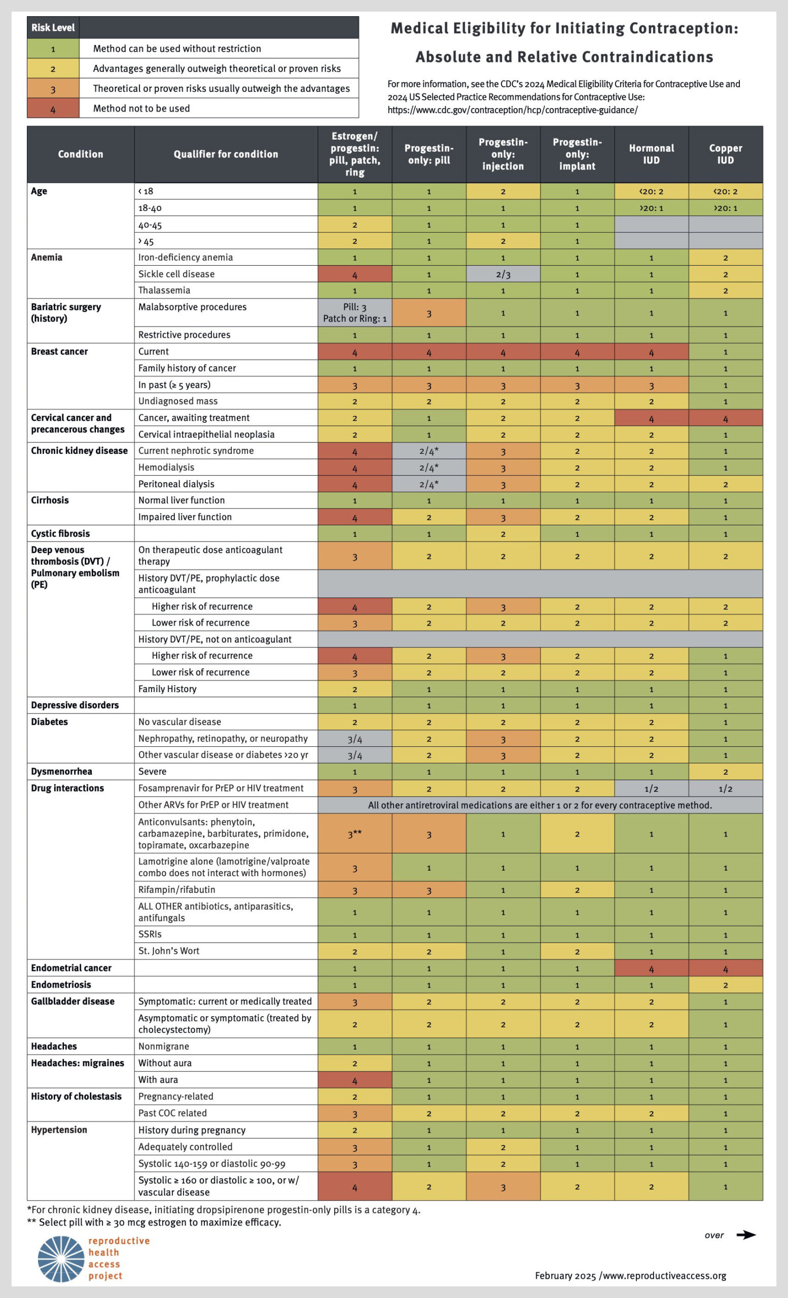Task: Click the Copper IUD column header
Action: pos(725,154)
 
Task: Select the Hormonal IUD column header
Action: pos(651,154)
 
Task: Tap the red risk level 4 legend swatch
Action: pos(53,109)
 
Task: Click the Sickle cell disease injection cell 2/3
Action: pos(503,274)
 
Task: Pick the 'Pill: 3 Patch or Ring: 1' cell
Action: pos(354,312)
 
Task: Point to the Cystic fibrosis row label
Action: pos(60,533)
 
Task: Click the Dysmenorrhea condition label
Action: pos(62,771)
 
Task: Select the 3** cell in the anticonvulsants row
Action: pos(354,834)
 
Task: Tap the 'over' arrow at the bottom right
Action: pos(745,1235)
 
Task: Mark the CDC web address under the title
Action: pos(513,110)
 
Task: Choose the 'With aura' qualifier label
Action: pos(158,1079)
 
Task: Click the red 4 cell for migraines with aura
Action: pos(354,1080)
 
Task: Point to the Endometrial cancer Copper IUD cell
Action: pos(725,968)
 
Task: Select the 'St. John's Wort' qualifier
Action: pos(168,951)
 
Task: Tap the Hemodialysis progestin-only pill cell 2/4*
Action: pos(429,467)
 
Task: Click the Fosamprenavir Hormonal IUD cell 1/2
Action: pos(651,788)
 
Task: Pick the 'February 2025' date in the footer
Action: pos(565,1275)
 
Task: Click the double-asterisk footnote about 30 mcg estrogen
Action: pos(154,1222)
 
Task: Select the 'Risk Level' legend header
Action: pos(53,27)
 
